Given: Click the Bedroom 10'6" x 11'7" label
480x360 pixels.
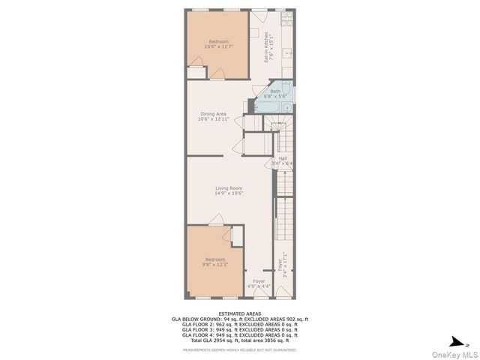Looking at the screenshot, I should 218,43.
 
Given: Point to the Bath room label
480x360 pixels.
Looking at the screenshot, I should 275,94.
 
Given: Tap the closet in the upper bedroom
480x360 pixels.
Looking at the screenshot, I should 196,73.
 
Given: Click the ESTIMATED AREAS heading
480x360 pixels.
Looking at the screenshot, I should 240,314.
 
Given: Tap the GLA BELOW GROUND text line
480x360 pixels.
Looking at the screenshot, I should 240,319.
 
